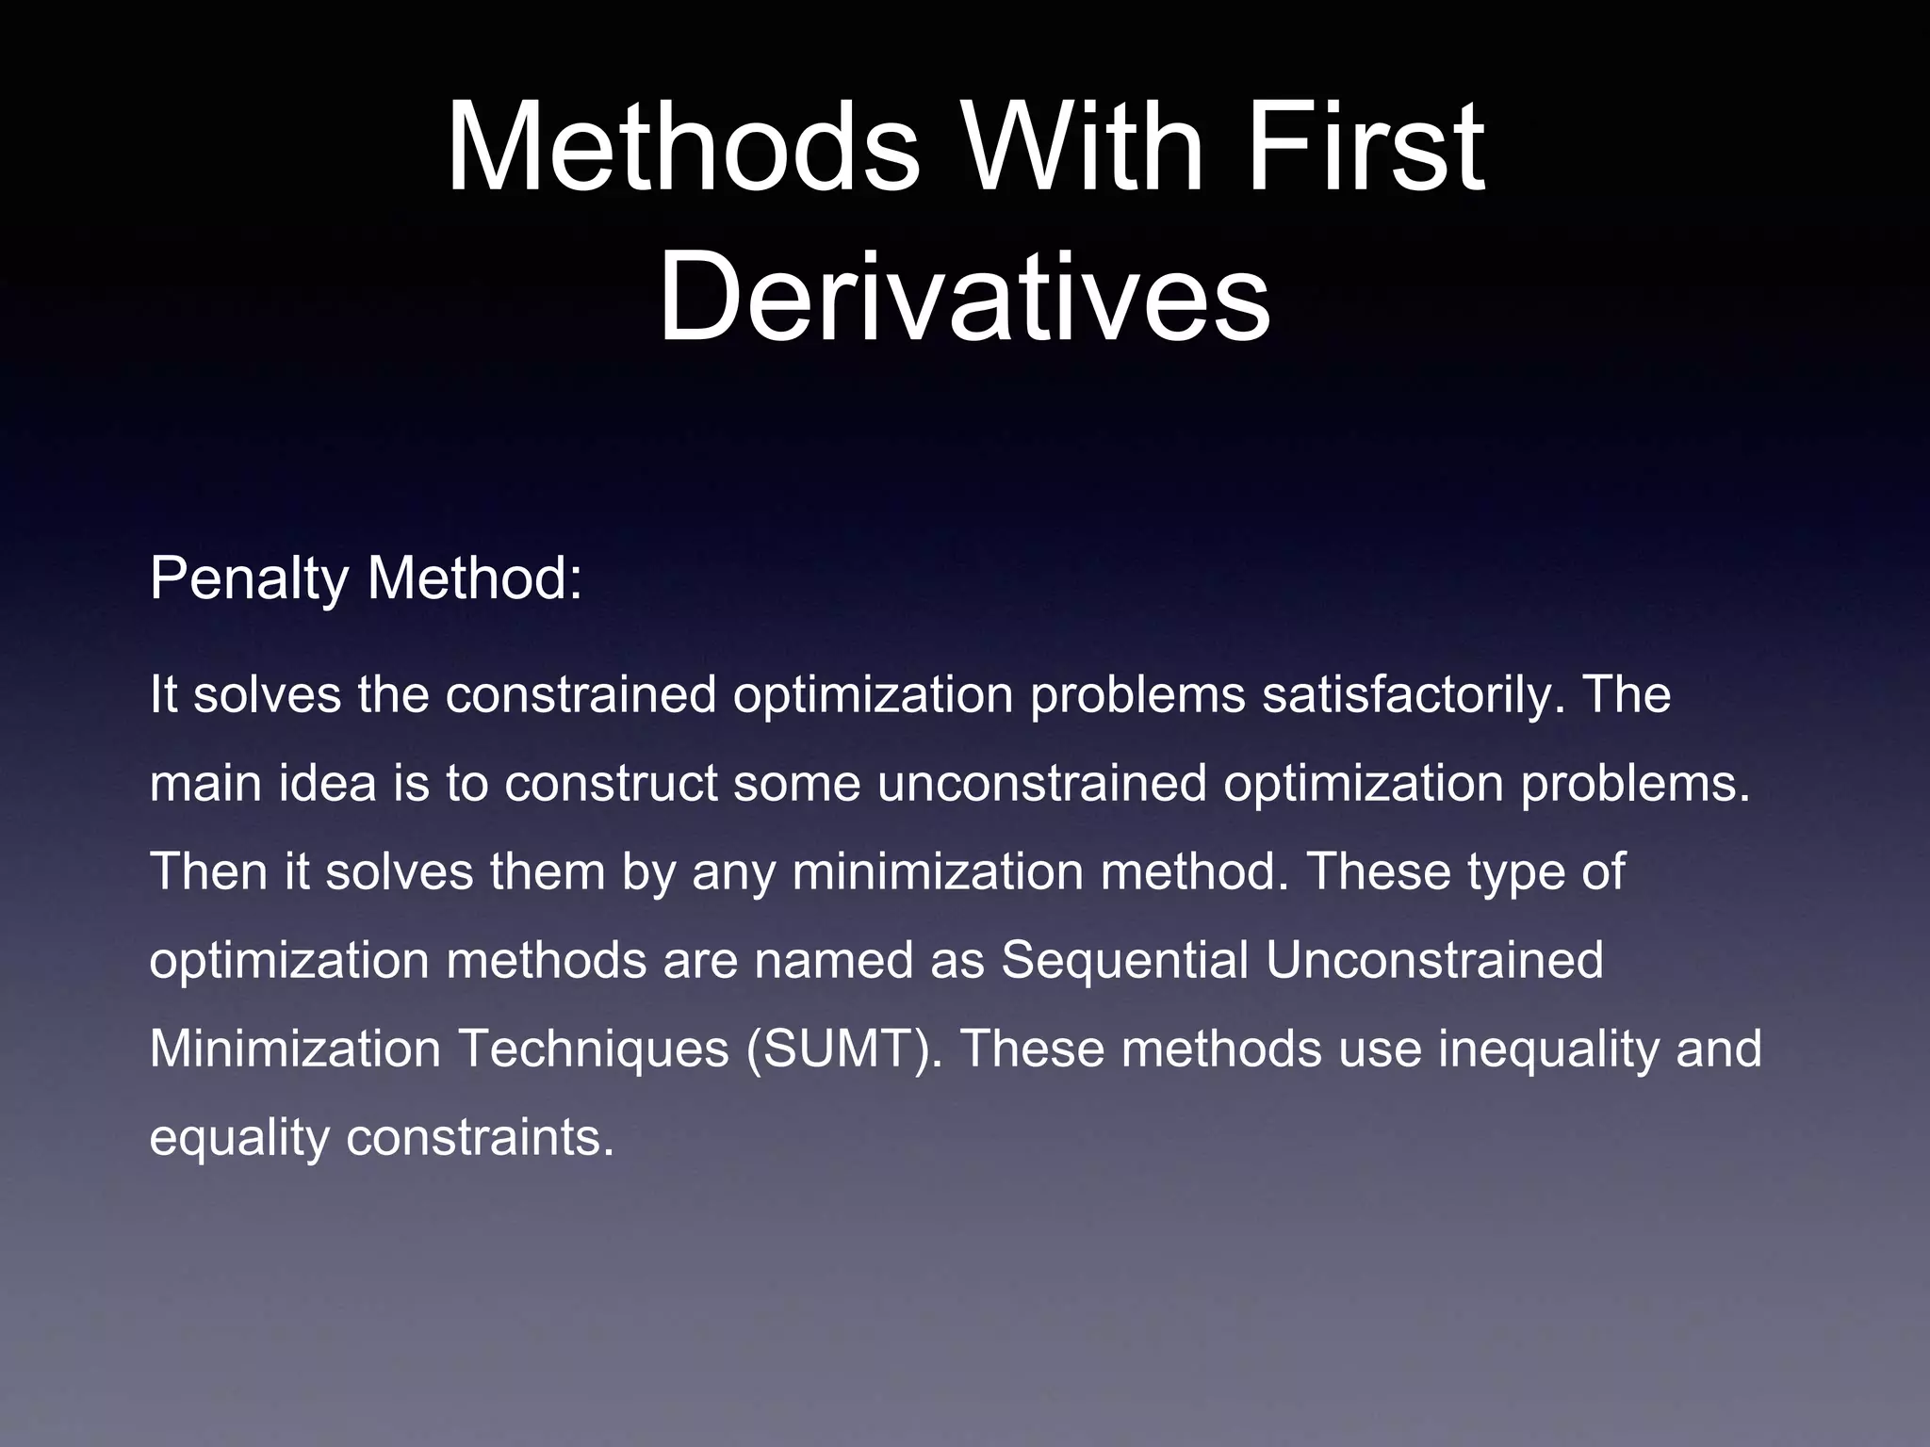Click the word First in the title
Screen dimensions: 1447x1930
pos(1365,148)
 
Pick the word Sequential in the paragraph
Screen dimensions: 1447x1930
pos(1124,960)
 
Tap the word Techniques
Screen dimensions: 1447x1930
pos(594,1049)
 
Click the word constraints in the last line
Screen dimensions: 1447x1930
pos(480,1137)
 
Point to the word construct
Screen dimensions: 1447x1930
pos(611,783)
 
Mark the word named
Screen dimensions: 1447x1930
pos(833,960)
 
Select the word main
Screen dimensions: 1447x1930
pos(205,783)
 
